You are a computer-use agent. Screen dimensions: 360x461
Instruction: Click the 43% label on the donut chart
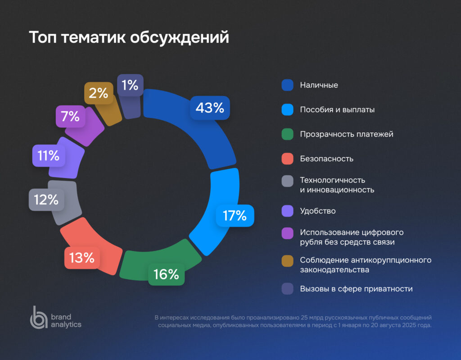210,108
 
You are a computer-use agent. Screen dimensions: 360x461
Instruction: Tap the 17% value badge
235,216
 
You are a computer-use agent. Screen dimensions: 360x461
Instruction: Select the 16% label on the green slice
167,274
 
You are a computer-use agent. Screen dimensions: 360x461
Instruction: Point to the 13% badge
82,258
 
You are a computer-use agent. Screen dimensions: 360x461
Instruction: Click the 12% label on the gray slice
46,200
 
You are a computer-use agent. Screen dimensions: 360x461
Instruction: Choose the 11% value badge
49,156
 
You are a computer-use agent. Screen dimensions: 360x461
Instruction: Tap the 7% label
71,117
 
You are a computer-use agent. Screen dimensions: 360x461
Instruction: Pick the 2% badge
99,93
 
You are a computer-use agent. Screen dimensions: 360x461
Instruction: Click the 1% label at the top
130,85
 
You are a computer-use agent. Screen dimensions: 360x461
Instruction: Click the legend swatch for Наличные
288,85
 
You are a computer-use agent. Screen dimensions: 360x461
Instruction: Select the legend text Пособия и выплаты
337,109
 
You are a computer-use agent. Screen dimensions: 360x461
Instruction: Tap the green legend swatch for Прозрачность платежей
288,134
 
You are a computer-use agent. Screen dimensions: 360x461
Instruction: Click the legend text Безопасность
326,159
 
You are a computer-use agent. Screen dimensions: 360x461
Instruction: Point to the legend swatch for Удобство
288,211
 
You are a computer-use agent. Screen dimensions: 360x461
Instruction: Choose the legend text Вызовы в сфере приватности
356,289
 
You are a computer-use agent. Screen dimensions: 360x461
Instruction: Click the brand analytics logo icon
38,317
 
